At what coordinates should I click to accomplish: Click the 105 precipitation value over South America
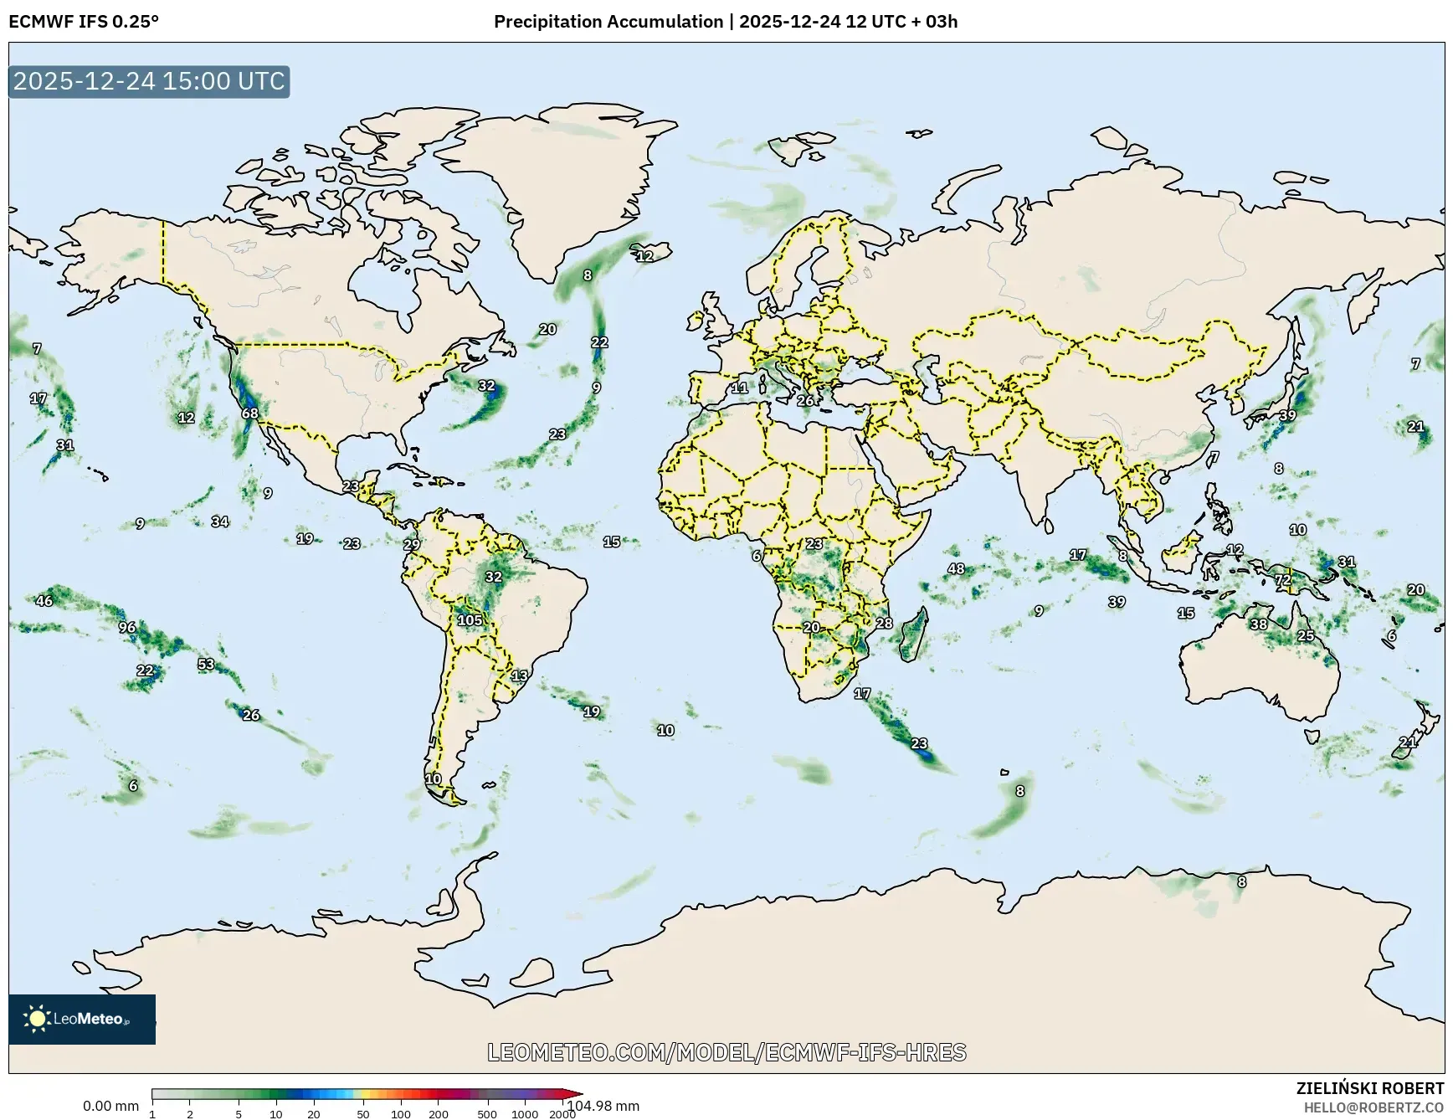(470, 620)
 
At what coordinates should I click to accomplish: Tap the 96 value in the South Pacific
(127, 628)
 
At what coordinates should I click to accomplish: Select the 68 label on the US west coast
(250, 414)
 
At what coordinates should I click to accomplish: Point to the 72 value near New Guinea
(1283, 580)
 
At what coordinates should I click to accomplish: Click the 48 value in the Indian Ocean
(956, 569)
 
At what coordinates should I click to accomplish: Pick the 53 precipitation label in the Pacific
(206, 665)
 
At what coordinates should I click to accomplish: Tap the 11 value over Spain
(740, 388)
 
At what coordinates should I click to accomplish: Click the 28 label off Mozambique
(885, 624)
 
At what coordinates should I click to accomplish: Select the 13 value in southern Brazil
(520, 676)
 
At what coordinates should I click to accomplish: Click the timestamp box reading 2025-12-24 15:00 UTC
(149, 81)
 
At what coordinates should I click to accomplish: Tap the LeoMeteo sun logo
(37, 1019)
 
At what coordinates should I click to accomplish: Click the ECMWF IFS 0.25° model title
(84, 22)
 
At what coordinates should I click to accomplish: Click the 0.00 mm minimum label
(110, 1106)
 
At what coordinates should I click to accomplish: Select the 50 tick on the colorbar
(363, 1114)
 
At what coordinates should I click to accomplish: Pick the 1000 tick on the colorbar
(525, 1114)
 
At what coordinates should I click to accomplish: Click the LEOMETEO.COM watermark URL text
(726, 1052)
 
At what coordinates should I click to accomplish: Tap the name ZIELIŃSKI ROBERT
(1370, 1088)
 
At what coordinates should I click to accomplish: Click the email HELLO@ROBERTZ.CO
(1373, 1107)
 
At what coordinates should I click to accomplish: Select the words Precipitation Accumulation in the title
(608, 22)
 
